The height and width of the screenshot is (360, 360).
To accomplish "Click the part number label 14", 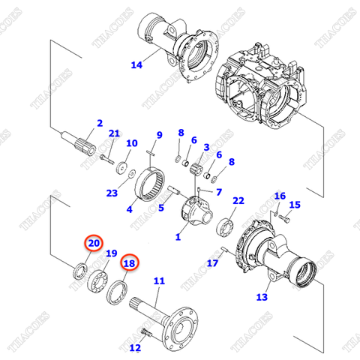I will pyautogui.click(x=136, y=64).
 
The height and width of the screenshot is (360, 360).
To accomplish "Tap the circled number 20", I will pyautogui.click(x=92, y=243).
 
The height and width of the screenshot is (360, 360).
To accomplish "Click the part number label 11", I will pyautogui.click(x=158, y=281).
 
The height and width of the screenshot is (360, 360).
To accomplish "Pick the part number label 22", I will pyautogui.click(x=238, y=201).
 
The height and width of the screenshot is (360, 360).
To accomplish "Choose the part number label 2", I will pyautogui.click(x=99, y=123).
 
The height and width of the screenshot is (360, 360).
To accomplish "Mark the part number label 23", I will pyautogui.click(x=112, y=193).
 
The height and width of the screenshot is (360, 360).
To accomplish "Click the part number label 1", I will pyautogui.click(x=178, y=238).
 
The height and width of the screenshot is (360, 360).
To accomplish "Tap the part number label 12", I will pyautogui.click(x=134, y=347).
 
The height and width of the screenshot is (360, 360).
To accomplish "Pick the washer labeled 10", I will pyautogui.click(x=122, y=167).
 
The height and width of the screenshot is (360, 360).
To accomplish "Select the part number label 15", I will pyautogui.click(x=294, y=205).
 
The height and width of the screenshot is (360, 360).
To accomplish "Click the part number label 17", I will pyautogui.click(x=213, y=262).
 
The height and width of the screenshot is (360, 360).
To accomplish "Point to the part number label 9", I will pyautogui.click(x=159, y=135).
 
